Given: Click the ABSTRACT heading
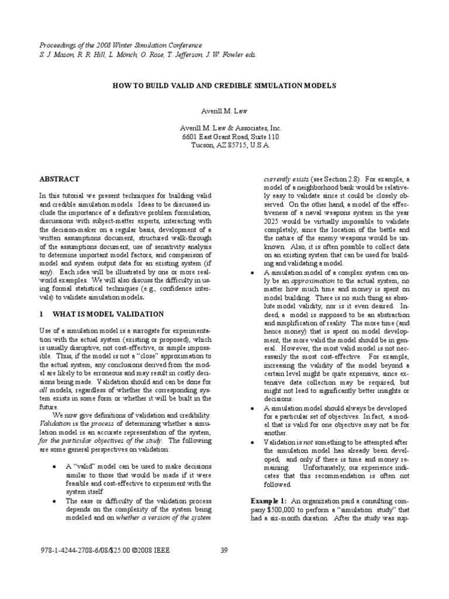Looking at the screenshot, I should click(x=59, y=178).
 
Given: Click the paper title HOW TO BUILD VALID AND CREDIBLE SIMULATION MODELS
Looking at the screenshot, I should click(x=224, y=85).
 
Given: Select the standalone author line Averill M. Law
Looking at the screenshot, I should click(x=224, y=110).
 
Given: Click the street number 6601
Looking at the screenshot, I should click(x=192, y=136).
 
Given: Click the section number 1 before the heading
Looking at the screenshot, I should click(x=42, y=314).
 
